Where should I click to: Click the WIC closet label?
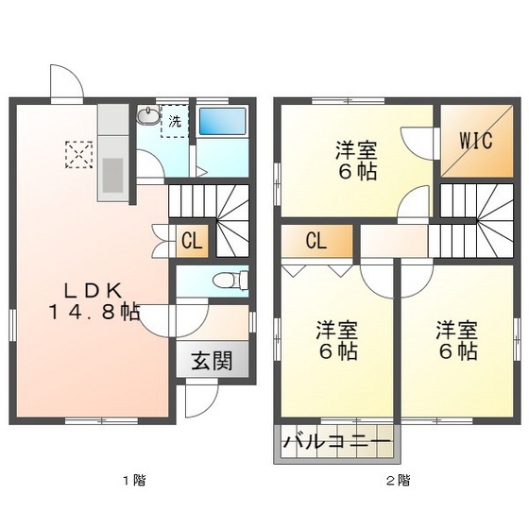point(476,142)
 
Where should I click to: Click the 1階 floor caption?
point(132,481)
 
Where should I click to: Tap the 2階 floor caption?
point(397,481)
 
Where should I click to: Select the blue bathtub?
point(223,124)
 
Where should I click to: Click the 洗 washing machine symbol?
point(174,121)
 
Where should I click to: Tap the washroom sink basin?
point(148,117)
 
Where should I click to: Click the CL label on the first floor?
point(192,241)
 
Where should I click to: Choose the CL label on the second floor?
point(316,241)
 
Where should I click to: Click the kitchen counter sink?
point(112,174)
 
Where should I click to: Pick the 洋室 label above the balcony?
point(335,331)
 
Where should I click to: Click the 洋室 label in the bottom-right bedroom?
point(456,331)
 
